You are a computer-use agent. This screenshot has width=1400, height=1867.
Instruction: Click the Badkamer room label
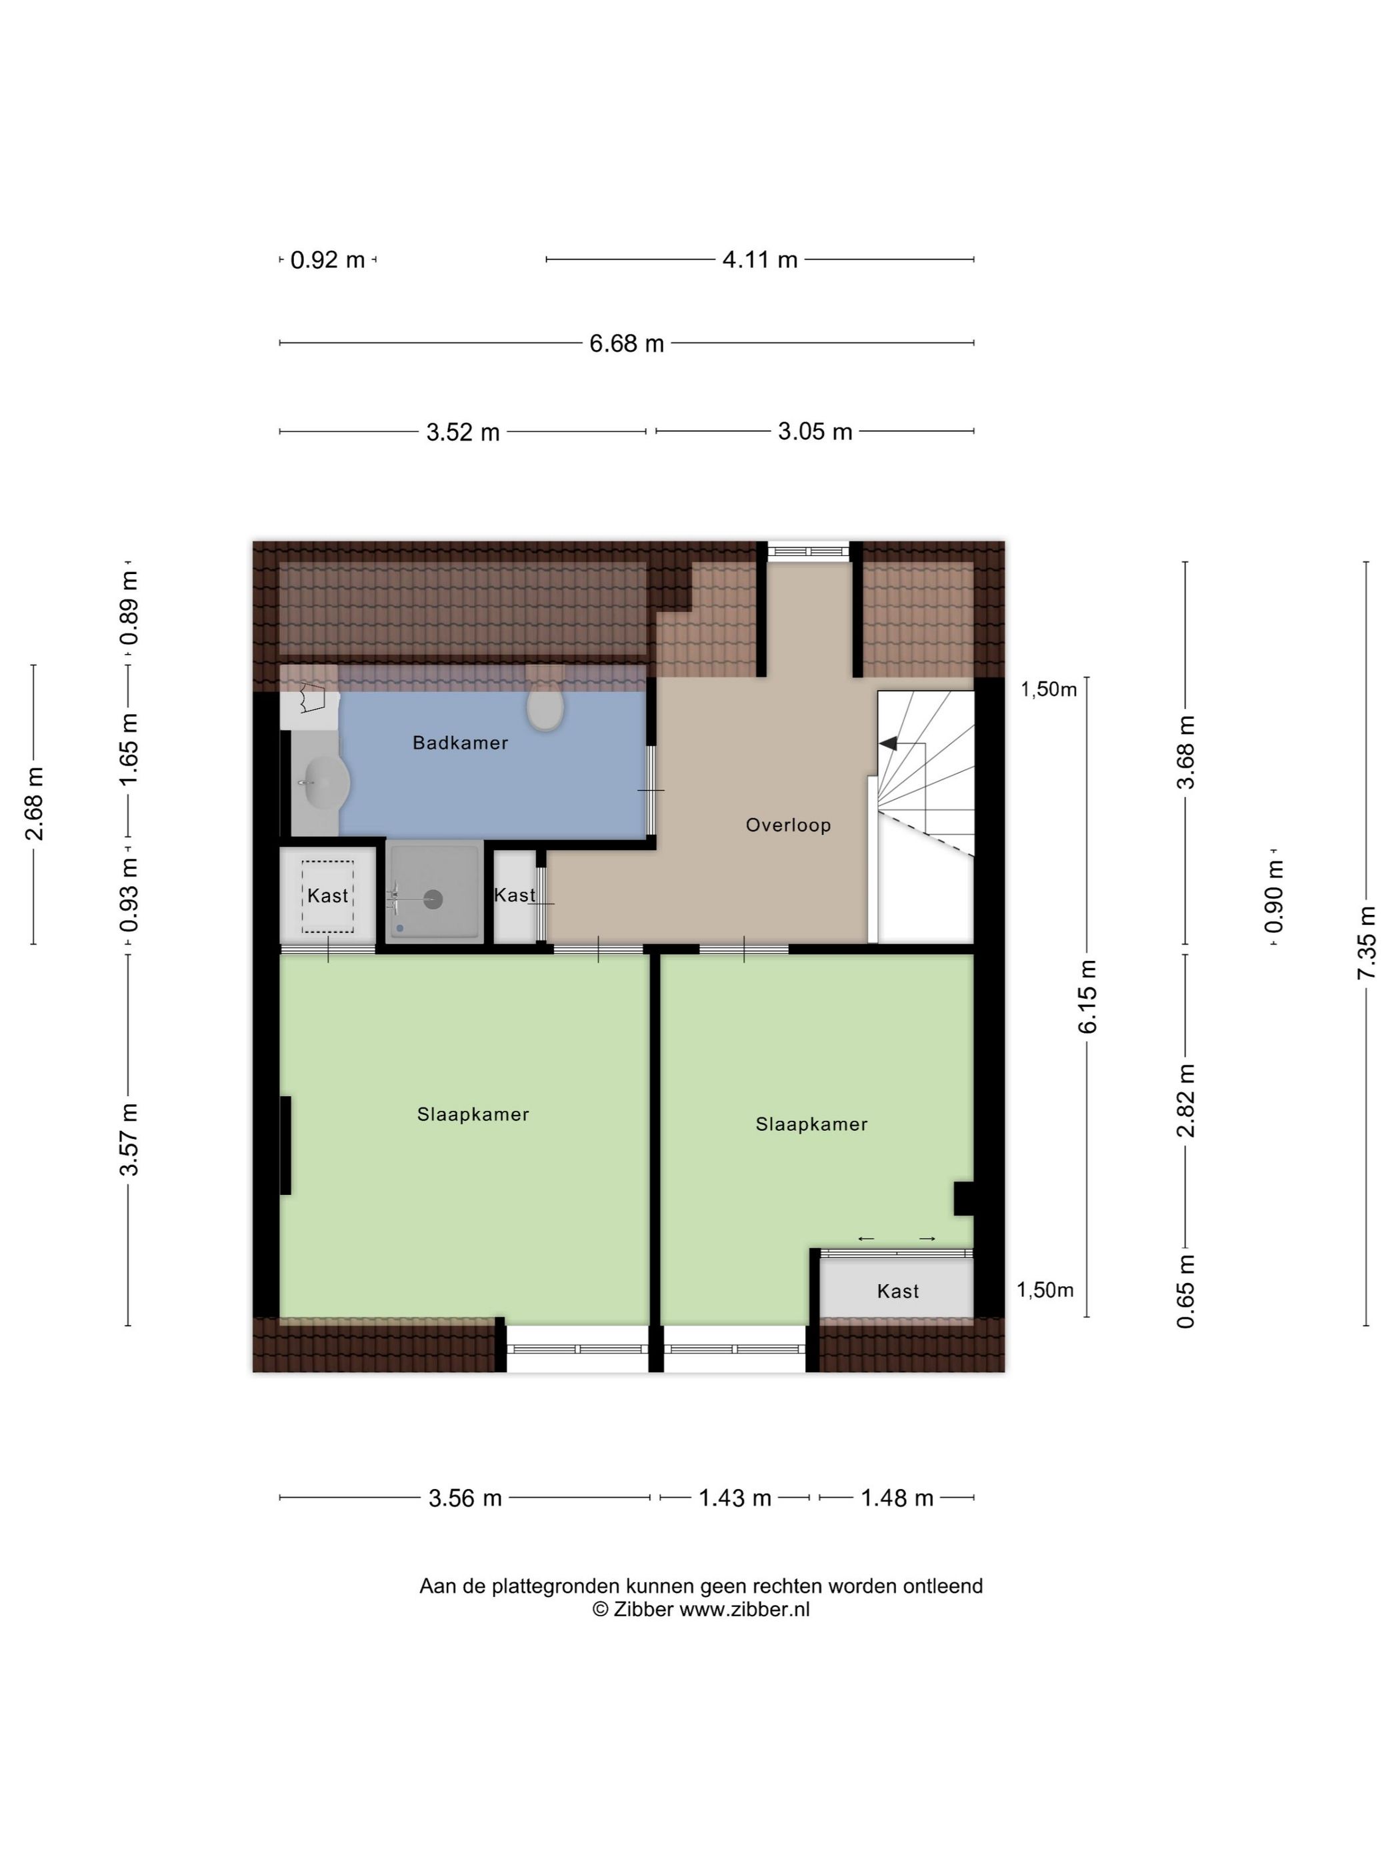[x=460, y=743]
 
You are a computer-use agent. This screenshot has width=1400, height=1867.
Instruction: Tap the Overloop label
[x=788, y=825]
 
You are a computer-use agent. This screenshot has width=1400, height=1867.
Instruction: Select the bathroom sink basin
[x=323, y=781]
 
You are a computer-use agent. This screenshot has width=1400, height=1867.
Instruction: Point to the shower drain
[x=433, y=899]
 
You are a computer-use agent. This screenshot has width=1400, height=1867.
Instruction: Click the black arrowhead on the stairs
[x=888, y=743]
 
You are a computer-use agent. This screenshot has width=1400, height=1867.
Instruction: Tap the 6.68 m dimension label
[x=626, y=343]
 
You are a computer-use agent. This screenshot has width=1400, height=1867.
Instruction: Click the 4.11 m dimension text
[x=759, y=260]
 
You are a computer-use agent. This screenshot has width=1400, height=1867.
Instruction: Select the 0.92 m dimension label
[x=327, y=260]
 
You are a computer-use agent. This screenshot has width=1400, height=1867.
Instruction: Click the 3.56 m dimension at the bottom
[x=465, y=1498]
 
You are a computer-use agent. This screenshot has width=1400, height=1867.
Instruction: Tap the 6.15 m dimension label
[x=1088, y=996]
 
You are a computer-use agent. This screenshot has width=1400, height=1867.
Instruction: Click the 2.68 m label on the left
[x=35, y=803]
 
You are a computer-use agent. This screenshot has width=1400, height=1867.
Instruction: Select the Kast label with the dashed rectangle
[x=327, y=895]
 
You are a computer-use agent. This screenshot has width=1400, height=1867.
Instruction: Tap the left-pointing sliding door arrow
[x=866, y=1238]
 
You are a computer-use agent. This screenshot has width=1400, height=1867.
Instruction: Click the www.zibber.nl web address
[x=744, y=1609]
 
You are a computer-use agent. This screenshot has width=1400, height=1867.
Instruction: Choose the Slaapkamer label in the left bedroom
[x=473, y=1114]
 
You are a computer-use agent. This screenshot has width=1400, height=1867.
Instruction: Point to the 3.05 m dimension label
[x=815, y=431]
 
